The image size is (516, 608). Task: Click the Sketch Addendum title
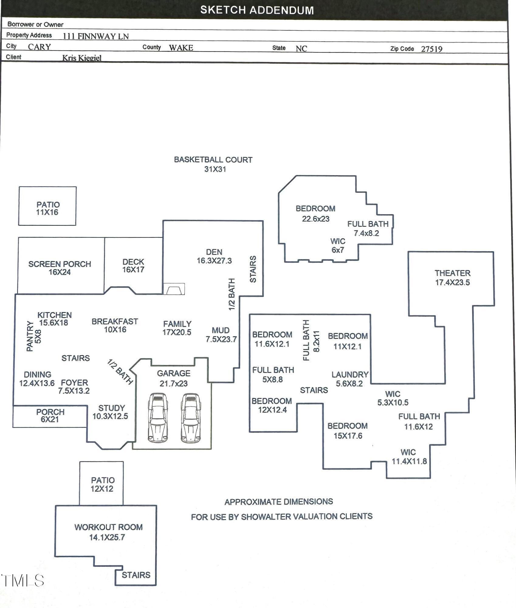tap(257, 10)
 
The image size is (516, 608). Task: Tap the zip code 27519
tap(432, 49)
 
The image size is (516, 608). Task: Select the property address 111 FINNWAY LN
tap(96, 36)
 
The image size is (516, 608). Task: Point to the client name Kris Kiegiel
tap(82, 58)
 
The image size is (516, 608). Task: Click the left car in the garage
tap(158, 418)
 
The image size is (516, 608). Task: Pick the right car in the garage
tap(191, 418)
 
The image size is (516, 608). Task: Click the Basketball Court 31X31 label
tap(213, 164)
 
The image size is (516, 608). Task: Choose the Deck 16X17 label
tap(133, 266)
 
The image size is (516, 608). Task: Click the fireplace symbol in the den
tap(174, 289)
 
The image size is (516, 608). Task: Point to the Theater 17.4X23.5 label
tap(452, 277)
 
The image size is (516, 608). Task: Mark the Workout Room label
tap(108, 532)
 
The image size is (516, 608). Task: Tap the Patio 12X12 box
tap(102, 484)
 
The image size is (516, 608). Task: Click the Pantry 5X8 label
tap(34, 336)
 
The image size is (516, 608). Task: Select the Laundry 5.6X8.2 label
tap(350, 379)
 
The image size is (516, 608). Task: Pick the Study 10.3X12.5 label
tap(111, 412)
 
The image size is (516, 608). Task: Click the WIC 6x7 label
tap(338, 245)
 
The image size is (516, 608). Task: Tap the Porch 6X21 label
tap(50, 415)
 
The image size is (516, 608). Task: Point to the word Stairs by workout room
tap(136, 575)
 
